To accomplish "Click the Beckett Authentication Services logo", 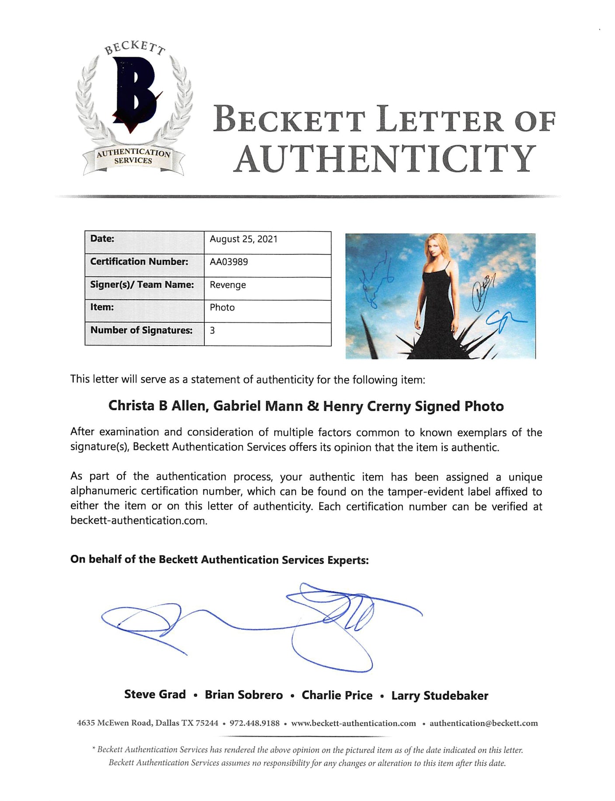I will pos(133,109).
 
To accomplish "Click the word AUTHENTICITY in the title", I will pos(384,159).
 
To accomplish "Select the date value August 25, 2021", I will pos(243,239).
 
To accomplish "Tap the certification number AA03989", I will pos(229,262).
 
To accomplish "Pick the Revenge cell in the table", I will pos(227,285).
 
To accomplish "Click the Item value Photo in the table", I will pos(222,308).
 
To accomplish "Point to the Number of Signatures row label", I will pos(141,330).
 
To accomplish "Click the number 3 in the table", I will pos(213,330).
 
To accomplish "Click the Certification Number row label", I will pos(139,262).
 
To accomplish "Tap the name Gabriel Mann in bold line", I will pos(258,406).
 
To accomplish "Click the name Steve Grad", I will pos(155,695).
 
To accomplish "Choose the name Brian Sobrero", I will pos(244,695).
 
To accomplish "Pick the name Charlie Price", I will pos(337,695).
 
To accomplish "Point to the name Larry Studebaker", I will pos(440,696).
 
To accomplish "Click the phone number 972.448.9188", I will pos(255,723).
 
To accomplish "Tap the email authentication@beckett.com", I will pos(483,723).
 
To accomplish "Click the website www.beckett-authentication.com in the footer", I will pos(353,723).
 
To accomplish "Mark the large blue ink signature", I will pos(262,623).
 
